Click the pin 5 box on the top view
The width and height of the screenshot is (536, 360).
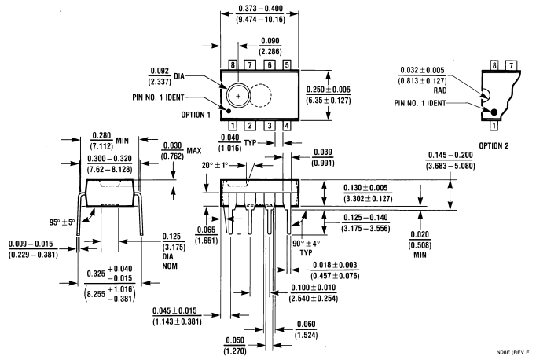(x=286, y=64)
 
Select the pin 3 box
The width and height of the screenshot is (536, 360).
(x=268, y=125)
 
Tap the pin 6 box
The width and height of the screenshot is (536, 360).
(x=268, y=64)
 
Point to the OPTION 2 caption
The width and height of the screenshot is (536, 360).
(x=500, y=145)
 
